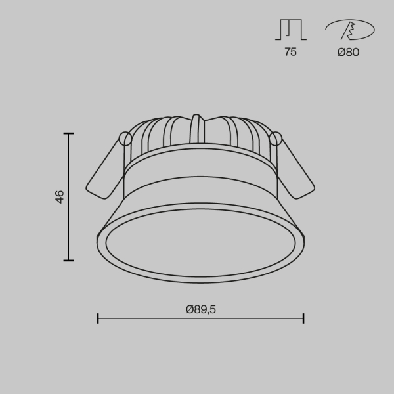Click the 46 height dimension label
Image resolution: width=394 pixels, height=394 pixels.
coord(60,196)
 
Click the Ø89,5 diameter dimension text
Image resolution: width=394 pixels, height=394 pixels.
coord(200,310)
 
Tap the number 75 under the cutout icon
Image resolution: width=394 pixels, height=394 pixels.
coord(290,53)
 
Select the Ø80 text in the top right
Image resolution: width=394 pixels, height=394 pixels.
coord(348,53)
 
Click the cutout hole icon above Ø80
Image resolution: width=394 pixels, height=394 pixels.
coord(349,30)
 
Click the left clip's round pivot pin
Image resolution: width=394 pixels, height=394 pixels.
coord(124,138)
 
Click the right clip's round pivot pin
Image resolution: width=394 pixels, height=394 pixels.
coord(276,139)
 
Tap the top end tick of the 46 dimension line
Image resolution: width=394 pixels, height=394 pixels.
coord(68,133)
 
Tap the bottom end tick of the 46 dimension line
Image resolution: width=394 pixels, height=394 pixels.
coord(68,260)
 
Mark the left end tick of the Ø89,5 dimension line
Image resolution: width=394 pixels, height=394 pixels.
coord(98,318)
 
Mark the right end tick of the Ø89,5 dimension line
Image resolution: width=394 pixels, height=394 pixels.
coord(303,318)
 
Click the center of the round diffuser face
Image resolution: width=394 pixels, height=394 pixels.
coord(200,243)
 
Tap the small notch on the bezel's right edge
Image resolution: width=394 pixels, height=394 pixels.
coord(303,233)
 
